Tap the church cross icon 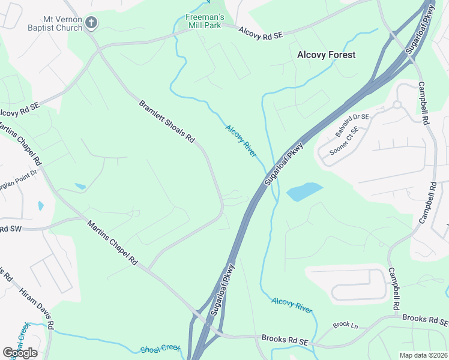click(x=91, y=23)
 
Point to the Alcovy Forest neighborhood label click(x=327, y=55)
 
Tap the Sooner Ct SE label click(x=344, y=142)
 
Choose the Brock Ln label click(x=345, y=325)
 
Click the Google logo click(x=20, y=352)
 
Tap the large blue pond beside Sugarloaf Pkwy click(x=304, y=192)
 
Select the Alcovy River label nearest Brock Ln click(x=292, y=305)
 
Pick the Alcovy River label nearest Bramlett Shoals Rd click(x=241, y=140)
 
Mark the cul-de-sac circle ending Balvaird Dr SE click(x=397, y=105)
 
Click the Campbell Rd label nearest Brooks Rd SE click(x=394, y=289)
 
